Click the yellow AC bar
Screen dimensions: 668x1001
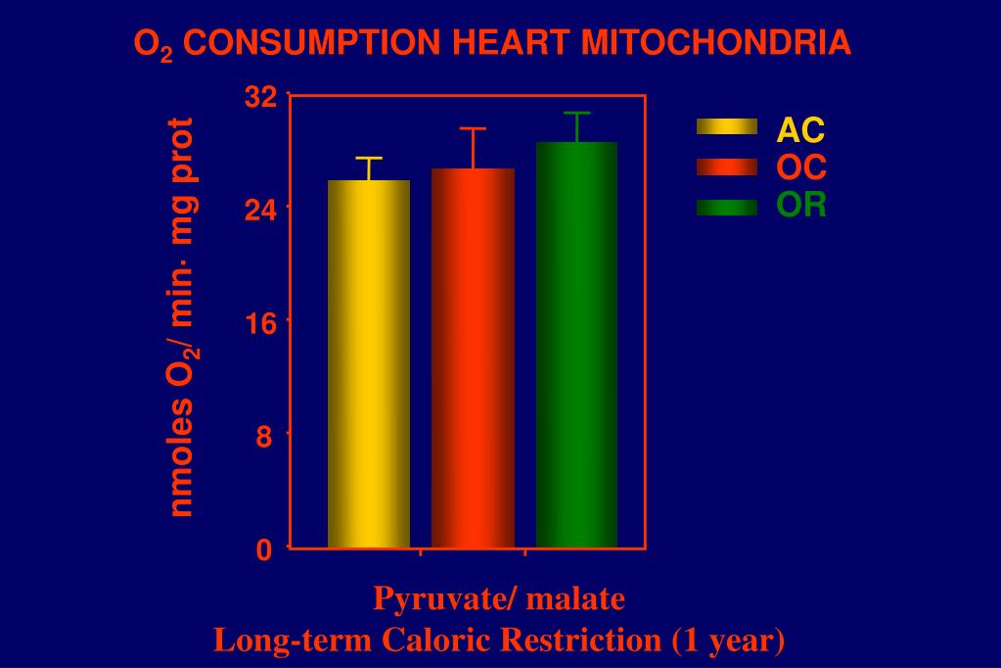(369, 363)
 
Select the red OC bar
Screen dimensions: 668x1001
(473, 358)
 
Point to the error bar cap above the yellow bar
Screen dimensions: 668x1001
(369, 158)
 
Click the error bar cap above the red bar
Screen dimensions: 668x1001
(473, 128)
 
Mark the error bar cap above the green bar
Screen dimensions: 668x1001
(576, 114)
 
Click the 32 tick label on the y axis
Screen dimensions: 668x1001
(261, 97)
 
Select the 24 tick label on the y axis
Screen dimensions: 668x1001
(261, 210)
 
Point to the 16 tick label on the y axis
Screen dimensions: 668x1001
(261, 323)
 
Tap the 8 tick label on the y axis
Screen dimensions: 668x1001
(264, 437)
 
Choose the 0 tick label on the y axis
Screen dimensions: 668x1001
(264, 550)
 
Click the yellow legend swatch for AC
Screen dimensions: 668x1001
(726, 127)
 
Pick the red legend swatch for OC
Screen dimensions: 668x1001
(726, 167)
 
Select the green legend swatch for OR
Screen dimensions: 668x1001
(726, 206)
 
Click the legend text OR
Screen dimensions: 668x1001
(801, 206)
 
